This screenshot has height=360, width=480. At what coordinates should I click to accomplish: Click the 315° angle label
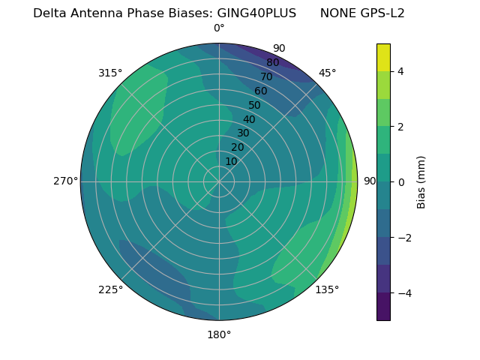(x=110, y=73)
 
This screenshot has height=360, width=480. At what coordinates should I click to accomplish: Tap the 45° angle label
(x=327, y=73)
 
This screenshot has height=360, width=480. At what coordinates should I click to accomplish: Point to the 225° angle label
(x=110, y=289)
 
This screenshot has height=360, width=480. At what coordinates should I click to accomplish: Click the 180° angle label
(x=219, y=334)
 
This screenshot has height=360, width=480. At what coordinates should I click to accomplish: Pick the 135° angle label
(x=327, y=289)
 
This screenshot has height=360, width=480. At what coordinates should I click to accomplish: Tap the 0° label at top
(x=219, y=28)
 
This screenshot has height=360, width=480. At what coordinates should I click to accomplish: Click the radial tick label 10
(x=231, y=161)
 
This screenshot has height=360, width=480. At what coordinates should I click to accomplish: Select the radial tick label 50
(x=255, y=105)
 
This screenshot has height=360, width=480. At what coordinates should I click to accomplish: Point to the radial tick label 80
(x=273, y=62)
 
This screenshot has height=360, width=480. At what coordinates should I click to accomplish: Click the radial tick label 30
(x=243, y=133)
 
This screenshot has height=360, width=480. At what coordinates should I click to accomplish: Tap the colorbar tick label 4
(x=401, y=71)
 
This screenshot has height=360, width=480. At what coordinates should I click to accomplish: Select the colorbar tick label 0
(x=401, y=181)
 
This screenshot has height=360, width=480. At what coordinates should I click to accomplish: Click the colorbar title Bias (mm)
(x=421, y=181)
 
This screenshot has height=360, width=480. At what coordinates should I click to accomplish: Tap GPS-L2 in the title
(x=380, y=13)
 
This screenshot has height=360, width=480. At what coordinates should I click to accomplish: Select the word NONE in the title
(x=336, y=13)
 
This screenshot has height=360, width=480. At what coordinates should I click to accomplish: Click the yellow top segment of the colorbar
(x=383, y=57)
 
